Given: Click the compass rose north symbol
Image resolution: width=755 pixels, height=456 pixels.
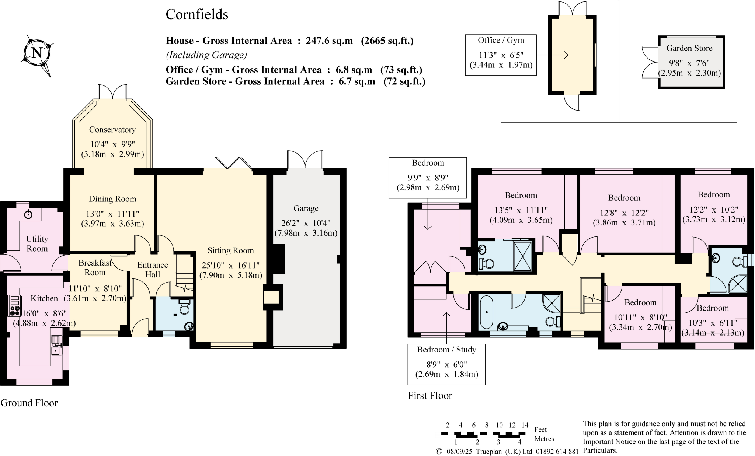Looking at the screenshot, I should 37,53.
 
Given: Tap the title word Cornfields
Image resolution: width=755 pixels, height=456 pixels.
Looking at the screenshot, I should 197,15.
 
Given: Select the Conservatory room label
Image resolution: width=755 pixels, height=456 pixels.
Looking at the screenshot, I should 112,130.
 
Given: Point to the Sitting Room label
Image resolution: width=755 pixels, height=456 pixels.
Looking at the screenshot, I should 230,251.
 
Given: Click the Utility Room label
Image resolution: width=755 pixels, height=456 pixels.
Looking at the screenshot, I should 37,244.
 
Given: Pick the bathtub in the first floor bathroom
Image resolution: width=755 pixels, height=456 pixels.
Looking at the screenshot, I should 487,312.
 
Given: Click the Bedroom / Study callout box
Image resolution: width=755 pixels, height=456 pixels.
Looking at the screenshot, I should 446,364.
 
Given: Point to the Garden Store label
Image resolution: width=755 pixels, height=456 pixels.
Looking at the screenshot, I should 689,48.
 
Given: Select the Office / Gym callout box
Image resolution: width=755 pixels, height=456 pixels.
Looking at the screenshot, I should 501,55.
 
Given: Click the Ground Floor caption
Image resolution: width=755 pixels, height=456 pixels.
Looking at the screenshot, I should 29,403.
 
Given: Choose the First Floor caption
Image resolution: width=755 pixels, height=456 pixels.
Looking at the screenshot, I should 430,396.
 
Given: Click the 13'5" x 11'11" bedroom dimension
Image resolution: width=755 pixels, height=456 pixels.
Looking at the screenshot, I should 521,210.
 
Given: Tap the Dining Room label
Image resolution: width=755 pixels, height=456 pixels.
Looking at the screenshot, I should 112,199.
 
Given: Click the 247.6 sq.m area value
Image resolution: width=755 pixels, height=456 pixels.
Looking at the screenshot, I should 329,41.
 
